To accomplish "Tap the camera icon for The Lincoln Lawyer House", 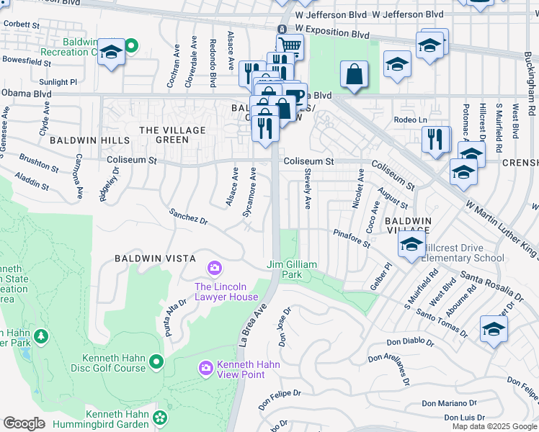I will click(x=214, y=269).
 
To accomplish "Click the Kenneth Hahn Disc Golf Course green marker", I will click(x=157, y=361).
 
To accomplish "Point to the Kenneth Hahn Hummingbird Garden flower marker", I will click(x=160, y=417).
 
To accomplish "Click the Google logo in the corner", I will click(x=24, y=423).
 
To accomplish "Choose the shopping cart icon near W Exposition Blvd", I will click(x=290, y=46).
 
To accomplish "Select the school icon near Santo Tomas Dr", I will click(x=494, y=328).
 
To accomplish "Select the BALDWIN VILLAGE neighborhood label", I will click(x=408, y=225).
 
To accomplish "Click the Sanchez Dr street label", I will click(x=188, y=217).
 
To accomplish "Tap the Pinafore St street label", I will click(x=351, y=238).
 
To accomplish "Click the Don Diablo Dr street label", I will click(x=410, y=343).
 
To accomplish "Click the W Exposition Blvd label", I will click(x=332, y=34).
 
